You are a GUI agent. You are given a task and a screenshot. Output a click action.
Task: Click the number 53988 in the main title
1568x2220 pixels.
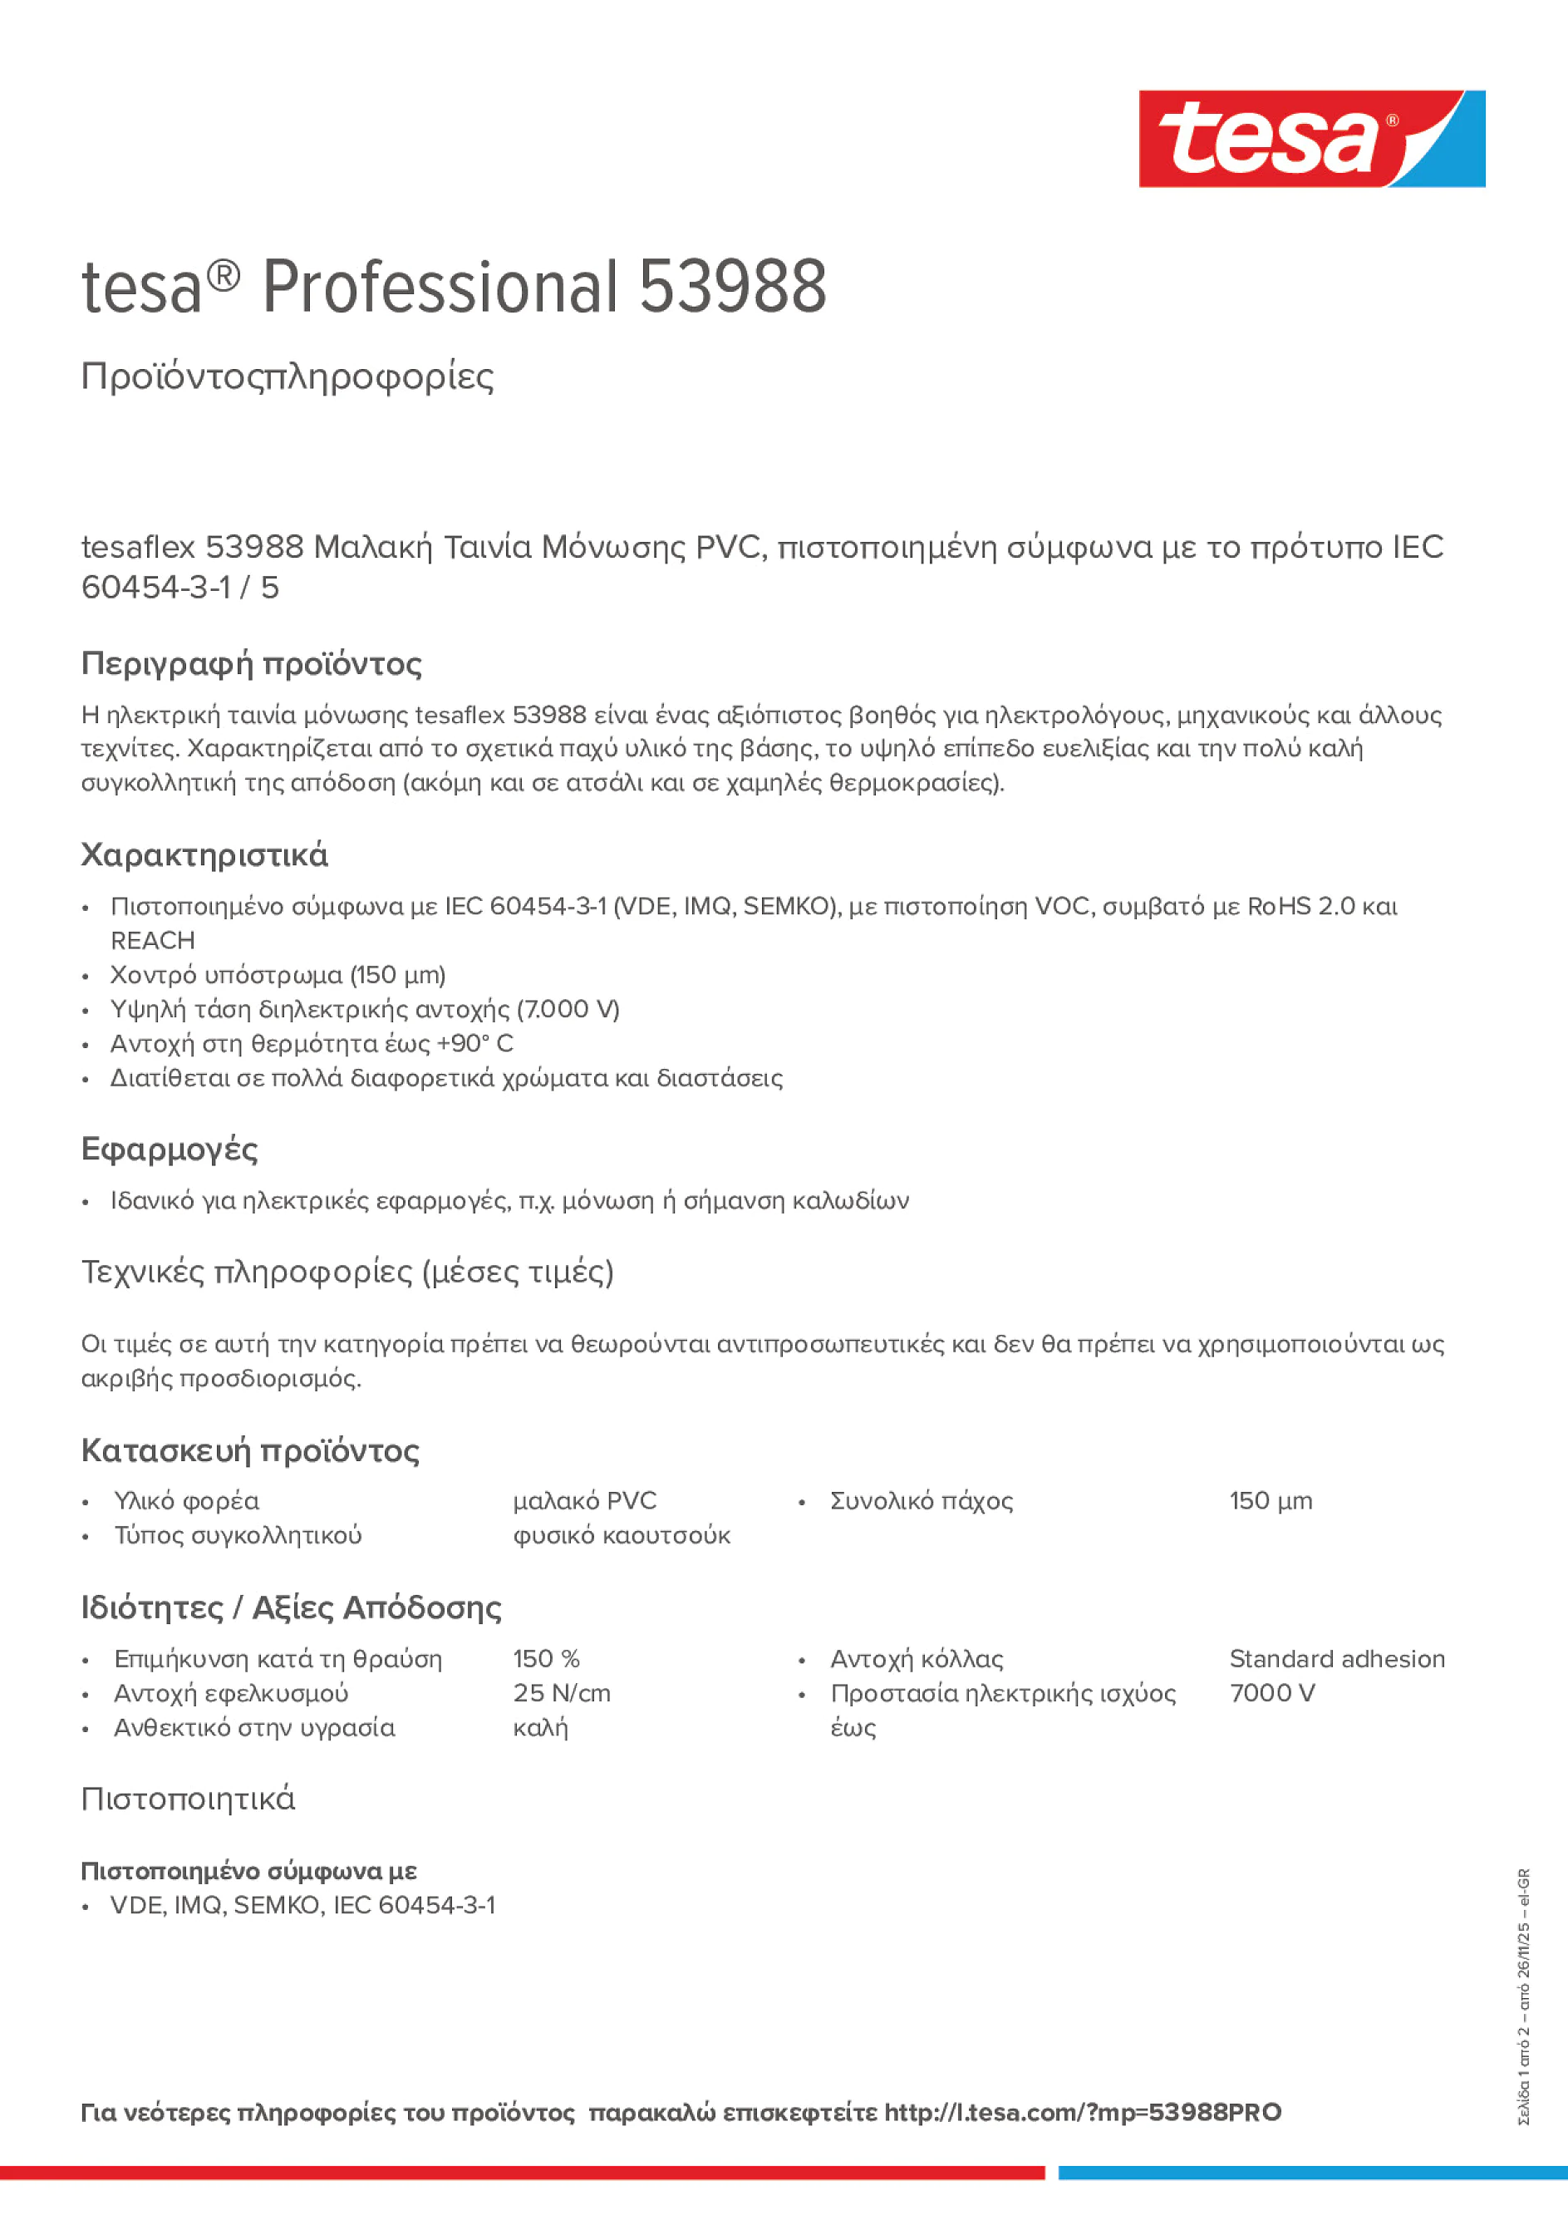point(732,288)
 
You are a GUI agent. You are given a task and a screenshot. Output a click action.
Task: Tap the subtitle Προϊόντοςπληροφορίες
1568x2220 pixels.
point(288,377)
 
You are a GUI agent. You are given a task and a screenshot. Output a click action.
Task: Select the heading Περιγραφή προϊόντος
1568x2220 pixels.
point(251,663)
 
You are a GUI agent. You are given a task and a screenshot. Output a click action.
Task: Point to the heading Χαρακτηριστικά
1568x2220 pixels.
point(204,854)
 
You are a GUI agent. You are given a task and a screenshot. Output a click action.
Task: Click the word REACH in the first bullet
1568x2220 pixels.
point(153,940)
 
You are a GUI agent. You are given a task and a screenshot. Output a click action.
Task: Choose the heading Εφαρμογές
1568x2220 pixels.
point(170,1149)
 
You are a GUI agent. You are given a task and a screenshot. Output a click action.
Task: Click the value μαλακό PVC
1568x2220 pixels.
point(584,1500)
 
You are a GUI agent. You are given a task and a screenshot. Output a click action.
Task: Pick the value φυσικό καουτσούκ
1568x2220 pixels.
point(621,1535)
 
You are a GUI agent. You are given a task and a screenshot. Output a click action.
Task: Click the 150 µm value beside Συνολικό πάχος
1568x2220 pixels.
point(1271,1500)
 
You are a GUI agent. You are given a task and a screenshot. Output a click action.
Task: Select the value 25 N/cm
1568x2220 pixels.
point(561,1693)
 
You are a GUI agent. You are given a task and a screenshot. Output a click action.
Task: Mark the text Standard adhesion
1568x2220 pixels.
point(1336,1658)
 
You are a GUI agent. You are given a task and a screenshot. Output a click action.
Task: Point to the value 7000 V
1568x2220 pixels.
point(1271,1693)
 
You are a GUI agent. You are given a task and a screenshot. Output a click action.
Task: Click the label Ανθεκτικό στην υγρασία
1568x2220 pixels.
point(254,1727)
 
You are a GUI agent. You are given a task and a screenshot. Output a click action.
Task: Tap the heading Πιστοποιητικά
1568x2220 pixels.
point(188,1799)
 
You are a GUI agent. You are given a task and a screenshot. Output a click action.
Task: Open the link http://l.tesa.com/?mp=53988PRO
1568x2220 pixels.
point(1082,2112)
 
